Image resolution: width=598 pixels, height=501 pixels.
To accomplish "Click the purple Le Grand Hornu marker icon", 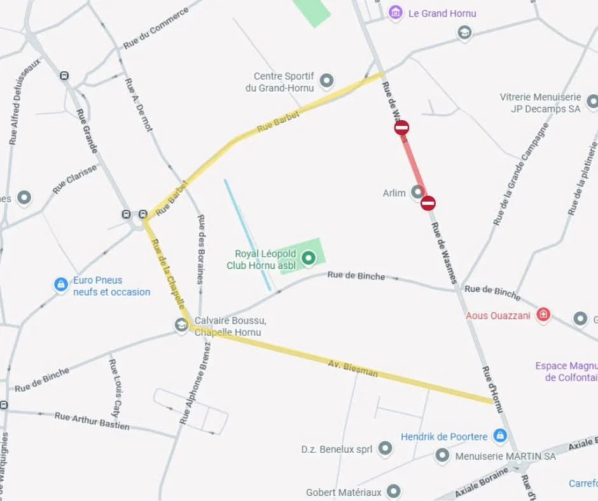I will coord(396,13).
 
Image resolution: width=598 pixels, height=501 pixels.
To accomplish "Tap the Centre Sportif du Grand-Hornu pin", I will coord(326,81).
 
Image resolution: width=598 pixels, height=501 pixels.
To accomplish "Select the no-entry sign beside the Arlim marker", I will coord(428,203).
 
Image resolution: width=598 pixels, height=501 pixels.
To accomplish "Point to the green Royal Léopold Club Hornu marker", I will coord(309,258).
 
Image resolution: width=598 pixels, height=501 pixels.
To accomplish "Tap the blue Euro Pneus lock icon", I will coord(61,284).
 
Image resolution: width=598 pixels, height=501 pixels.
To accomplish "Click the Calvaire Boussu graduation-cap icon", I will coord(181,326).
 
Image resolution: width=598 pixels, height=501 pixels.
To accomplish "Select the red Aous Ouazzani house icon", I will coord(543,315).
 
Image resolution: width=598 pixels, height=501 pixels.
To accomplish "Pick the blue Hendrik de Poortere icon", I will coord(500,436).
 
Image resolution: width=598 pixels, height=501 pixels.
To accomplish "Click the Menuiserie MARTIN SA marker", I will coord(442,456).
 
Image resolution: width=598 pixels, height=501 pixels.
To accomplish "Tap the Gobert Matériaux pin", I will coord(394,491).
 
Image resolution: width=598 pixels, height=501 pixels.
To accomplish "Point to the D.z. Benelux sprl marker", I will coord(385,450).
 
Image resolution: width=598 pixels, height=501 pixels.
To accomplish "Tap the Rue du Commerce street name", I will coord(156,29).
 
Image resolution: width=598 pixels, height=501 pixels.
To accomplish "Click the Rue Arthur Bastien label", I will coord(92,421).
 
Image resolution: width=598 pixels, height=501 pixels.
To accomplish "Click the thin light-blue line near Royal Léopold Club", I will coord(247,234).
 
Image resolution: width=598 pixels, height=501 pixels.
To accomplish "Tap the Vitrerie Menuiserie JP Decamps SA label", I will coord(540,103).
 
